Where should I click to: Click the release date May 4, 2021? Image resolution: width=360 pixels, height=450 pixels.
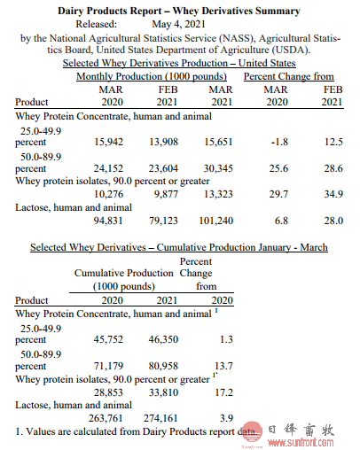(x=178, y=24)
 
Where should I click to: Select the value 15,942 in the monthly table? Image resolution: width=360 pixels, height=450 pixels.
(x=108, y=142)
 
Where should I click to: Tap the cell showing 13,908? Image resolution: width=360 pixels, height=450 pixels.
(x=163, y=142)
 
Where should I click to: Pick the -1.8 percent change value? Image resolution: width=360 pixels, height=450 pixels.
(x=279, y=142)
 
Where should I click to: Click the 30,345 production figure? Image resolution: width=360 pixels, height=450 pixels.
(x=218, y=168)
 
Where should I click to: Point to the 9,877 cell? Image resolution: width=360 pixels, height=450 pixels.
(x=166, y=194)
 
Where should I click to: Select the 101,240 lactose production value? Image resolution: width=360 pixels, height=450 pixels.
(x=216, y=221)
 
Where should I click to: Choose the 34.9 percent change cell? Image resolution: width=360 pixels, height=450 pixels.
(x=333, y=194)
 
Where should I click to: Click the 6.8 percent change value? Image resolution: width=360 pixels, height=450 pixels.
(x=281, y=221)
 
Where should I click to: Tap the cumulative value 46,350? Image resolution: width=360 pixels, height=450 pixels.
(x=163, y=339)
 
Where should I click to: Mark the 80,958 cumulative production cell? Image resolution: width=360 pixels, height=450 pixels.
(x=163, y=366)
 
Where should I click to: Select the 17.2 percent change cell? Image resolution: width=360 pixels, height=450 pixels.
(x=224, y=392)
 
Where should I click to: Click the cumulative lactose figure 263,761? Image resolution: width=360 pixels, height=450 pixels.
(x=106, y=418)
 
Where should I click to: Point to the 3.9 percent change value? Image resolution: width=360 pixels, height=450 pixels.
(x=227, y=418)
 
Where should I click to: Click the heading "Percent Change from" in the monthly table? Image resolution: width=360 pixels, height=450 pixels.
(x=289, y=76)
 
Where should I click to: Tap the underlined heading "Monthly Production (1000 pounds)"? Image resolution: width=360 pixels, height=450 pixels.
(x=152, y=76)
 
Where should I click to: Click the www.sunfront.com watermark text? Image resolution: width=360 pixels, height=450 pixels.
(x=301, y=442)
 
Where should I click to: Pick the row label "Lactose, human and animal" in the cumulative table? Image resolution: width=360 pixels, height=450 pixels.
(x=74, y=405)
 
